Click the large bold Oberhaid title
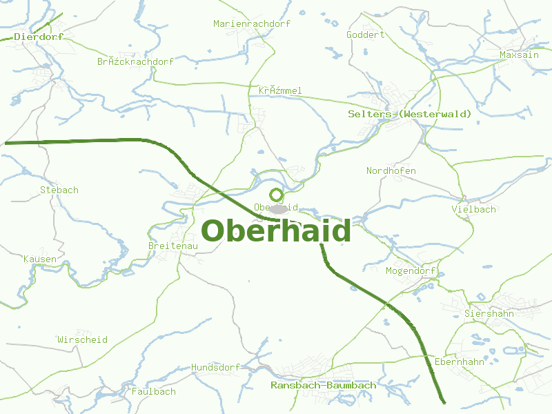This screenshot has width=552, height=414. (x=276, y=231)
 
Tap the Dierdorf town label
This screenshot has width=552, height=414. (x=39, y=37)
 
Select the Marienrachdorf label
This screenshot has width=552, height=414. (x=252, y=23)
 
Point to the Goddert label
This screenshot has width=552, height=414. (x=365, y=34)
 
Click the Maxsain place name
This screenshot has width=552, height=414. (x=519, y=55)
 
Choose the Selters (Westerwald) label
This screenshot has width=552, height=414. (x=410, y=114)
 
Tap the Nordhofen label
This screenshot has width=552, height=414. (x=391, y=170)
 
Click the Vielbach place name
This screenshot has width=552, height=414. (x=473, y=209)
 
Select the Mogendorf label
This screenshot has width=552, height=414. (x=411, y=270)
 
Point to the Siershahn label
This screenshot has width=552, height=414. (x=489, y=313)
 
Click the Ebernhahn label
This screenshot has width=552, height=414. (x=458, y=362)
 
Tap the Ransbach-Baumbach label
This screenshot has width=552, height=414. (x=324, y=385)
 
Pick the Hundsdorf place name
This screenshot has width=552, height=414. (x=215, y=368)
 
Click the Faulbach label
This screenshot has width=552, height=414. (x=154, y=391)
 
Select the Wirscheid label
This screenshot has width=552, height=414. (x=83, y=339)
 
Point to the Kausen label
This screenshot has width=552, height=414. (x=40, y=259)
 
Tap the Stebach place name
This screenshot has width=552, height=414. (x=59, y=190)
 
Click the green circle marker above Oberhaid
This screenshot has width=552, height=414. (x=277, y=195)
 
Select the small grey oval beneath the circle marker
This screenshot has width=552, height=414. (x=278, y=208)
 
